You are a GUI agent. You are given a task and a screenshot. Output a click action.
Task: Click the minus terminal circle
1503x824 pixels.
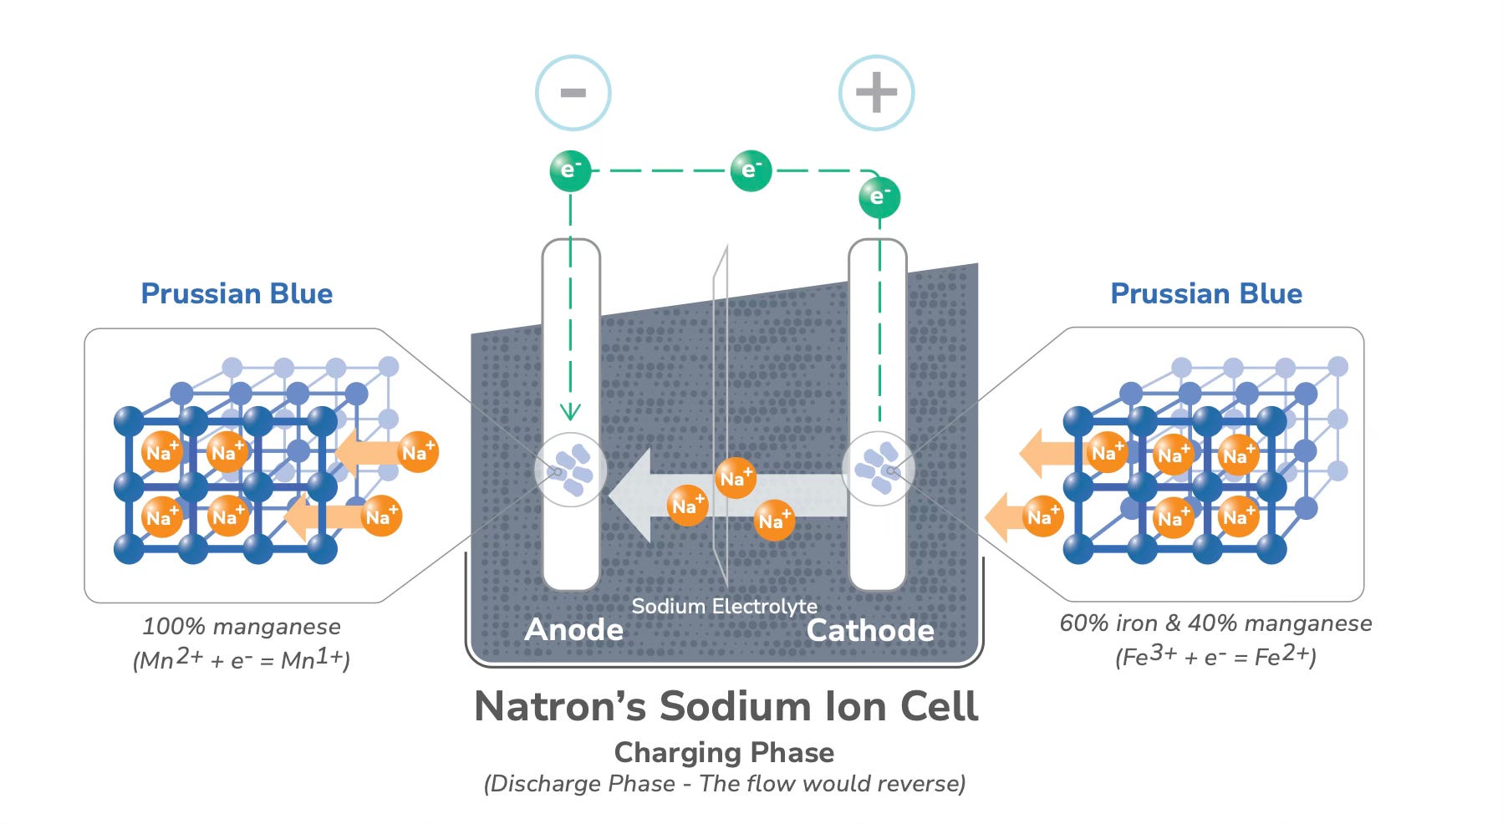click(x=573, y=93)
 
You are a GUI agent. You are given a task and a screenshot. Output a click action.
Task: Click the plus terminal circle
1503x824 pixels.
click(x=876, y=93)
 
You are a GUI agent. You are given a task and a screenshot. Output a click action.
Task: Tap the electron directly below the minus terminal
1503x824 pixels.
click(x=570, y=170)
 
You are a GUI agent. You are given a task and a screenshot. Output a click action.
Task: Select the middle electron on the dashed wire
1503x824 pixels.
click(x=751, y=170)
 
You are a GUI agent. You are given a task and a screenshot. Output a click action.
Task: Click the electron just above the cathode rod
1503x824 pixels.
click(x=879, y=197)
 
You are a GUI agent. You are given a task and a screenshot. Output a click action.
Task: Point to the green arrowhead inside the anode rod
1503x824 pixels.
click(x=570, y=411)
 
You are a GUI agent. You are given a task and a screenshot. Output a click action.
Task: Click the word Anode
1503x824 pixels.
click(x=573, y=630)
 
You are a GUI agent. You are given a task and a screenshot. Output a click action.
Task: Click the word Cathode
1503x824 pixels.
click(x=869, y=630)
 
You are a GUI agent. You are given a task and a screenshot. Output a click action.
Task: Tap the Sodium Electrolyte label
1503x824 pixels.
click(x=724, y=606)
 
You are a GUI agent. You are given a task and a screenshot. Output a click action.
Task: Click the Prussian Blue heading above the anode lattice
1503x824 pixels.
click(x=237, y=293)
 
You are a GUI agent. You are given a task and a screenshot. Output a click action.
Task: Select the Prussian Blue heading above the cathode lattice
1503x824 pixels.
click(x=1205, y=293)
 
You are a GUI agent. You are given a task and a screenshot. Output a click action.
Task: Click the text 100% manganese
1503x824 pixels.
click(x=242, y=627)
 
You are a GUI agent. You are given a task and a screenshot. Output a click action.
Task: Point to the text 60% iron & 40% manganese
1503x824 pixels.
click(x=1215, y=623)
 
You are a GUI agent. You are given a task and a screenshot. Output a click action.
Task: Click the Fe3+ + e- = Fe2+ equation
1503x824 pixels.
click(x=1215, y=657)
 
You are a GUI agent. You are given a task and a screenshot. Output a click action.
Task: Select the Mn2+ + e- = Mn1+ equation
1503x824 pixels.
click(x=242, y=660)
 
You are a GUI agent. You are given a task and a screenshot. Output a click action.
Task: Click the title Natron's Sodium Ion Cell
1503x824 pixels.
click(x=726, y=707)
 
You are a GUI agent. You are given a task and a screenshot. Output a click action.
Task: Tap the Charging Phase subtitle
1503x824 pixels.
click(x=724, y=752)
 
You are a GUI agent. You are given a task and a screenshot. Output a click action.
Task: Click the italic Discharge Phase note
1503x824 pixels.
click(x=724, y=784)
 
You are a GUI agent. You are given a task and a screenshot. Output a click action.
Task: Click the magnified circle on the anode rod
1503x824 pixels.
click(x=570, y=470)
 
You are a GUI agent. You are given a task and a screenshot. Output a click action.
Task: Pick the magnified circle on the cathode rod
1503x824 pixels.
click(x=878, y=469)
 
